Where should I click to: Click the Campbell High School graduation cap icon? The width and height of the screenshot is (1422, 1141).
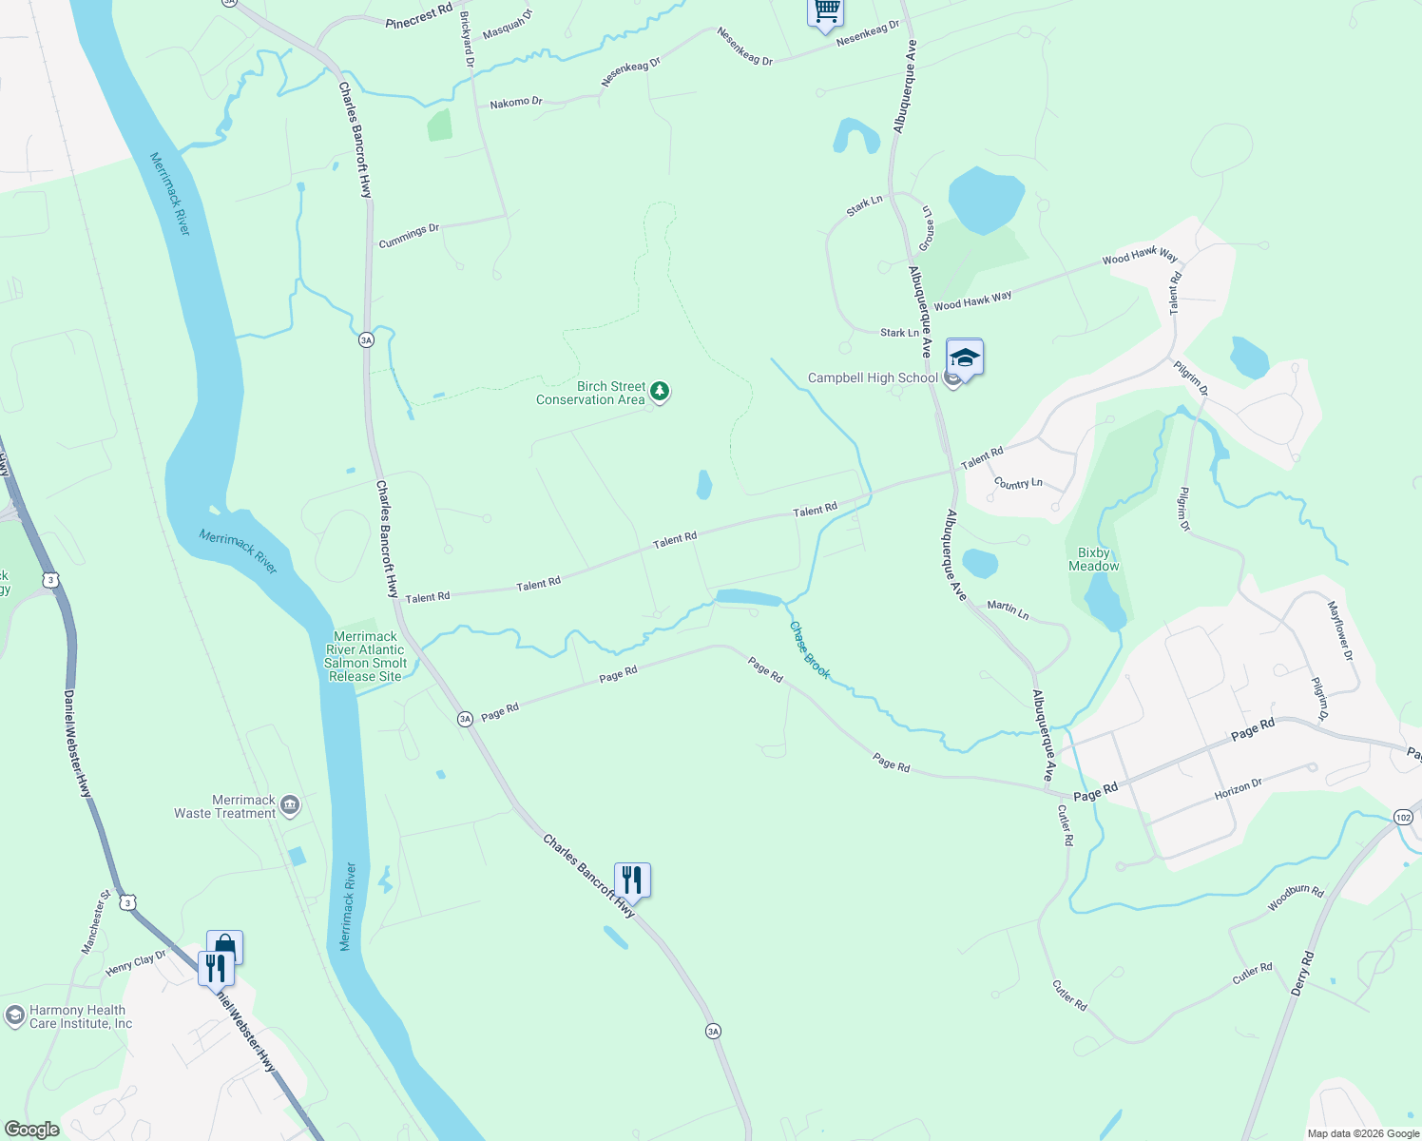click(x=964, y=358)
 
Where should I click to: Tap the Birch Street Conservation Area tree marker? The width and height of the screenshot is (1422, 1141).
click(x=659, y=392)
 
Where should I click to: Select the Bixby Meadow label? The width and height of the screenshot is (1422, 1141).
click(x=1093, y=559)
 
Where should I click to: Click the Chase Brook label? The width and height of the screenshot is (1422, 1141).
click(x=810, y=650)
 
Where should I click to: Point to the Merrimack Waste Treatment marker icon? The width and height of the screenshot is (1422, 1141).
click(x=290, y=806)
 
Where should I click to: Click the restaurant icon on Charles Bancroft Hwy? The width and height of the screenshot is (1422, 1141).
click(x=632, y=879)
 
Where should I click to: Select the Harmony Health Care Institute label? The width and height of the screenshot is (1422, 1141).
click(x=81, y=1016)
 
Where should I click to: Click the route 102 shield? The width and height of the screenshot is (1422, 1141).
click(x=1404, y=818)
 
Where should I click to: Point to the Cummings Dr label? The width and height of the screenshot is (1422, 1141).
click(x=409, y=236)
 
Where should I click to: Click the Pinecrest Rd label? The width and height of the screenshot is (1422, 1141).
click(x=418, y=16)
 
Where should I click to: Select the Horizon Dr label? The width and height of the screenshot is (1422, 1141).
click(x=1238, y=789)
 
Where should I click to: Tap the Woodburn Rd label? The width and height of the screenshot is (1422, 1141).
click(x=1295, y=899)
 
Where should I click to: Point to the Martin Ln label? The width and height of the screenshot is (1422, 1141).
click(x=1008, y=609)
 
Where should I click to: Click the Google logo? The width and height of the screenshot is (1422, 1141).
click(x=32, y=1130)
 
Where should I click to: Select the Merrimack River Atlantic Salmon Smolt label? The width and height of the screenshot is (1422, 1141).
click(x=365, y=656)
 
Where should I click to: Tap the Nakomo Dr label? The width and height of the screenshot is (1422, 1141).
click(x=515, y=102)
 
